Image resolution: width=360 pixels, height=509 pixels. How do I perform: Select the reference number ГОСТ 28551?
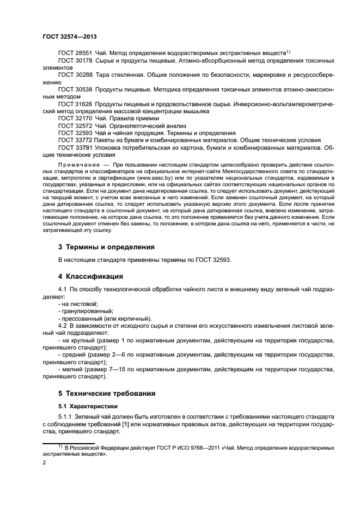pos(75,53)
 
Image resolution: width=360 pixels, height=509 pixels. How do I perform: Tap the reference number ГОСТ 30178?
pos(75,62)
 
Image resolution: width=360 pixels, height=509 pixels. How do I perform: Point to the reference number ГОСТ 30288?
pos(75,77)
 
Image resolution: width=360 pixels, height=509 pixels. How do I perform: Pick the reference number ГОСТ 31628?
pos(75,103)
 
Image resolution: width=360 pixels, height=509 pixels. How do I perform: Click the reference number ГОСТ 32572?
pos(75,126)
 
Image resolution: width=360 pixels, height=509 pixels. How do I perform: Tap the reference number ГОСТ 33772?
pos(75,140)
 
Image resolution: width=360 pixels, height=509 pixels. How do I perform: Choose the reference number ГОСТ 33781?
pos(75,147)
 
